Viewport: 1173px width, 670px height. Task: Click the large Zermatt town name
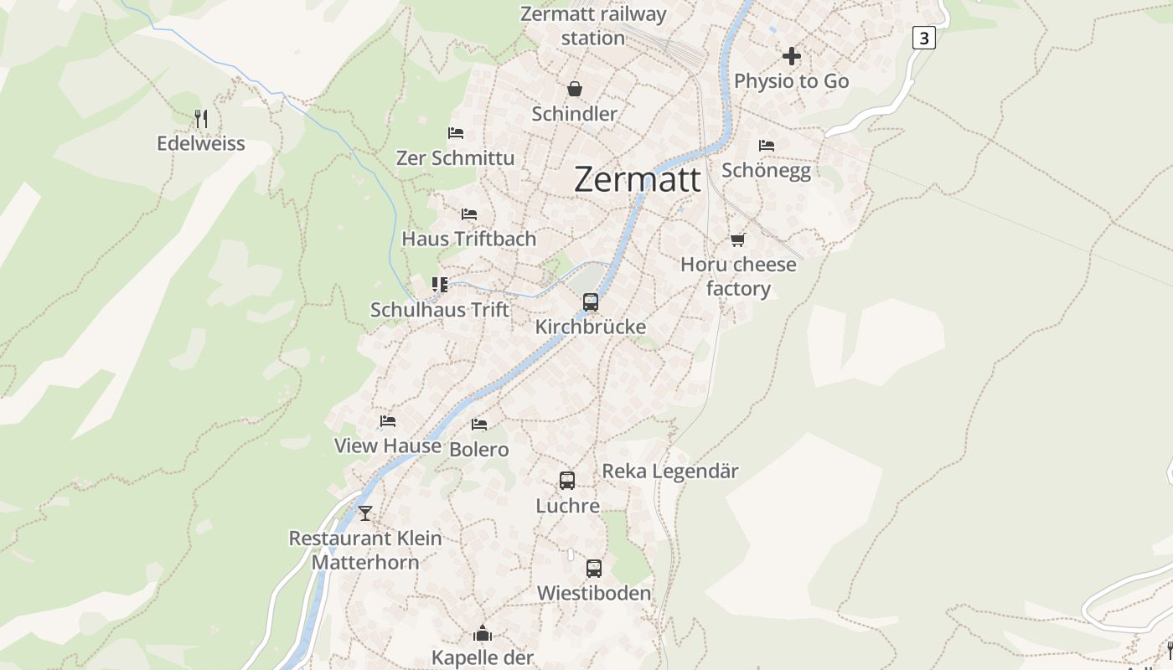(637, 180)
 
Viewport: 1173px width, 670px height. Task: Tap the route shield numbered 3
(923, 38)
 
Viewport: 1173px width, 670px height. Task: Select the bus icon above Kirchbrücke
(591, 302)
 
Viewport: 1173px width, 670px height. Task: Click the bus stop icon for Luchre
(567, 481)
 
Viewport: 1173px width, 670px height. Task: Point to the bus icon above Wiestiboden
(594, 569)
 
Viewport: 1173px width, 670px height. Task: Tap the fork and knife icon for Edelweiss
(201, 118)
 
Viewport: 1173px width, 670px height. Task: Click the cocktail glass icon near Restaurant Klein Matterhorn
(364, 513)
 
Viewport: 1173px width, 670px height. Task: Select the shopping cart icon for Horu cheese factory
(737, 240)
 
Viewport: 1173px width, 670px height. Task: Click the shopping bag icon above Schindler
(575, 89)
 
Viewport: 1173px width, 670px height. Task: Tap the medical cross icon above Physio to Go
(791, 57)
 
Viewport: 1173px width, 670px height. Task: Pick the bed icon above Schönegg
(766, 146)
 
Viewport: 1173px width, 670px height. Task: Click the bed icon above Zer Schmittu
(456, 133)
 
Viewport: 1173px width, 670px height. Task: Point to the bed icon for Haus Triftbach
(469, 214)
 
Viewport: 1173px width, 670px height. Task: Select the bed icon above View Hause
(387, 421)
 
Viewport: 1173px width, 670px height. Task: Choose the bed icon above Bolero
(479, 425)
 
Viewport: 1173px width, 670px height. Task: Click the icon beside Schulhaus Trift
(440, 285)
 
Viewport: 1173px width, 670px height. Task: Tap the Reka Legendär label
(670, 472)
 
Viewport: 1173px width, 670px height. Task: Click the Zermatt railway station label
(593, 26)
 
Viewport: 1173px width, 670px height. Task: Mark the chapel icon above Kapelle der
(483, 632)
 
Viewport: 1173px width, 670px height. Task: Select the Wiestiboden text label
(593, 594)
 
